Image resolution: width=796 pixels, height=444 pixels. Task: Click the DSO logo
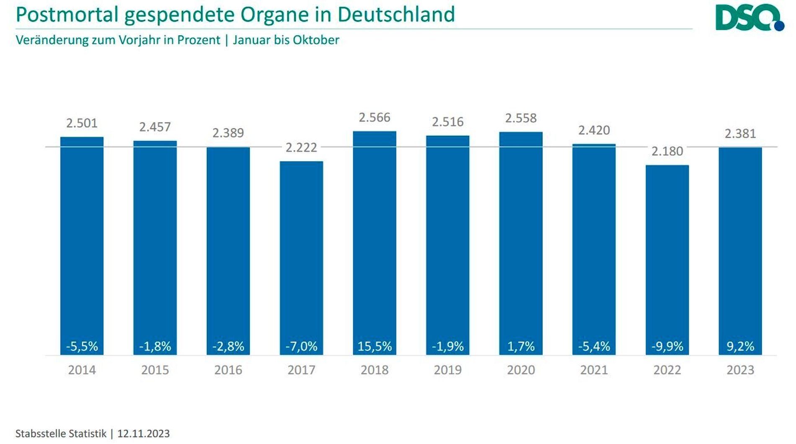tap(749, 18)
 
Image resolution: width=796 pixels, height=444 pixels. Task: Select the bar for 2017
tap(301, 252)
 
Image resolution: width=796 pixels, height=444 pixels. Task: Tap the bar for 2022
tap(667, 252)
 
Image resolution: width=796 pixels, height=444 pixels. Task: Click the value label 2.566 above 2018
tap(375, 117)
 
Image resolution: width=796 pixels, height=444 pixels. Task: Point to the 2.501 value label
tap(82, 123)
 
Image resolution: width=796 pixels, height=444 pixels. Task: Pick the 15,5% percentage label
tap(375, 346)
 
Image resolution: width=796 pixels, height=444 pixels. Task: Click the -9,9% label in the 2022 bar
tap(667, 346)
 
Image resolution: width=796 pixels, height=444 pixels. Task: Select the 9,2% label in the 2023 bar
tap(740, 346)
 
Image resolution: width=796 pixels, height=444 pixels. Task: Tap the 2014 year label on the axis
tap(82, 370)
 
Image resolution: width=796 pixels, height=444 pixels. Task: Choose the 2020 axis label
tap(521, 370)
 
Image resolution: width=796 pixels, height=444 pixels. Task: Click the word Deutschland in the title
tap(396, 14)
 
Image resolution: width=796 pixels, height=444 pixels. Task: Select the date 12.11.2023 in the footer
tap(143, 434)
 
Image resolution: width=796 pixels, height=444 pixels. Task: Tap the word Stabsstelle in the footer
tap(39, 434)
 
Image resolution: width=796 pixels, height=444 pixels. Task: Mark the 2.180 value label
tap(667, 151)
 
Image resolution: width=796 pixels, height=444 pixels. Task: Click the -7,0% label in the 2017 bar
tap(301, 346)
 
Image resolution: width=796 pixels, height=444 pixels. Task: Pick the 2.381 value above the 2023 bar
tap(740, 134)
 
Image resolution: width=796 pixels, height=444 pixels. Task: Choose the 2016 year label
tap(228, 370)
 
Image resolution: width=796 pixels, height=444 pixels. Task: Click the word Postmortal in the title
tap(67, 14)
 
